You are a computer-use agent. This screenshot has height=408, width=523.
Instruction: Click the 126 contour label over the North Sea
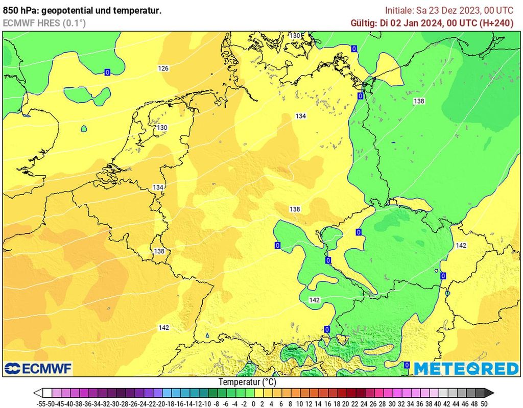click(x=163, y=68)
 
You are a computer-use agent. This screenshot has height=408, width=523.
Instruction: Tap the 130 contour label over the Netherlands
click(x=162, y=128)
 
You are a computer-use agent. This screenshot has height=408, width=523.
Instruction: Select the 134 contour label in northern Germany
click(x=300, y=116)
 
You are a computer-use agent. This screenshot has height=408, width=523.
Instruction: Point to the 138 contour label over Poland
click(x=419, y=101)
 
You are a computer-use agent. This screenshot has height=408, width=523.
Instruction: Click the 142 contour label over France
click(x=163, y=328)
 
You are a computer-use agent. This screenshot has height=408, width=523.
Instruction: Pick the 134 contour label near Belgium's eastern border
click(x=158, y=187)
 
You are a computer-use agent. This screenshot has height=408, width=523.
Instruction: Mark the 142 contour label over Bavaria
click(x=314, y=300)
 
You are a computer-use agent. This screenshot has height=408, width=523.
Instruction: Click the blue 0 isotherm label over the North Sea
click(x=107, y=73)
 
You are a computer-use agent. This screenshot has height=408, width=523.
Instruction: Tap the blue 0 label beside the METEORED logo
click(x=407, y=365)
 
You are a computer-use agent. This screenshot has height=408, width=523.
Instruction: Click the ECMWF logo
click(x=38, y=368)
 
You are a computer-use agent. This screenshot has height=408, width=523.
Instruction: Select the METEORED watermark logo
click(x=466, y=368)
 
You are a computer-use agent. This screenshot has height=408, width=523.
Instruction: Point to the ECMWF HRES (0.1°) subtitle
click(x=44, y=23)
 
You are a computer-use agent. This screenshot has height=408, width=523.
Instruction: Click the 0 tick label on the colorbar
click(x=253, y=403)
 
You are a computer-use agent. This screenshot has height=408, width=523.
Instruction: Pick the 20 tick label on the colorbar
click(x=345, y=403)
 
